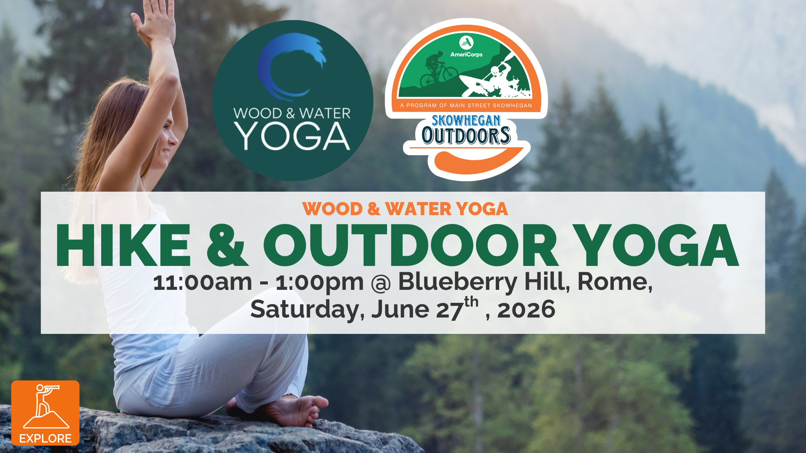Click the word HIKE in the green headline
(123, 246)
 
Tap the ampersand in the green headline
(227, 246)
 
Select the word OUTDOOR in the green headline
(411, 246)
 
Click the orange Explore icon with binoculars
(45, 413)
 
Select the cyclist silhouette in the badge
(438, 70)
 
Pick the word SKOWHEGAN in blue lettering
(466, 121)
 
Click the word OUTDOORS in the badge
(466, 135)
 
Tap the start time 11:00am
(203, 282)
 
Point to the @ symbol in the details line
(381, 283)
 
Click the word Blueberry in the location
(458, 283)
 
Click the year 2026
(526, 310)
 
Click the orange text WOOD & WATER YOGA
(405, 209)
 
